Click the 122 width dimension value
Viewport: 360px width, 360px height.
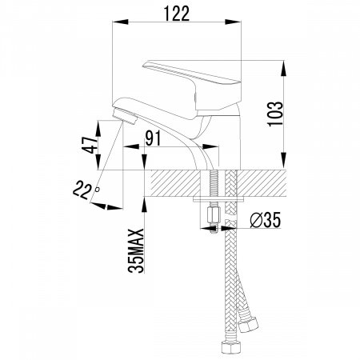tap(177, 14)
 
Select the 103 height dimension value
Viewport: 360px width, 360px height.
tap(275, 114)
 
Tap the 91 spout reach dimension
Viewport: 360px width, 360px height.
tap(153, 138)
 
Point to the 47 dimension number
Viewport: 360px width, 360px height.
tap(90, 146)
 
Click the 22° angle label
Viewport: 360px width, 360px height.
tap(85, 190)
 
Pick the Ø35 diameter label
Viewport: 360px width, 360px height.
tap(266, 220)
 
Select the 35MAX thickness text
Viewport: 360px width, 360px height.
tap(136, 250)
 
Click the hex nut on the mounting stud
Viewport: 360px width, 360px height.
tap(214, 216)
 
